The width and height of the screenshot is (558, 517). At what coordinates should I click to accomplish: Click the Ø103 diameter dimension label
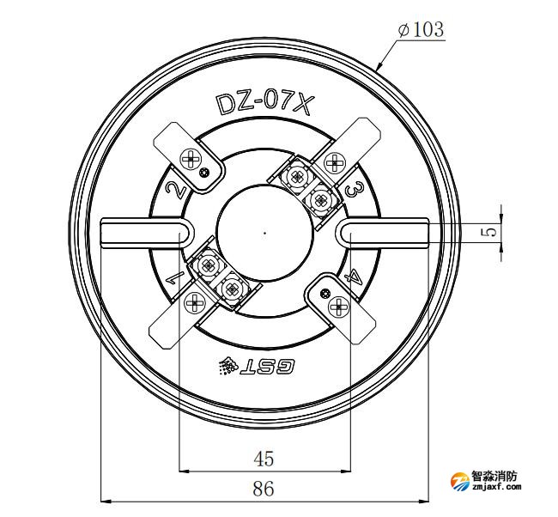(x=421, y=29)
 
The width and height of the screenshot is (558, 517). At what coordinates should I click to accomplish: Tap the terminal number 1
(x=173, y=277)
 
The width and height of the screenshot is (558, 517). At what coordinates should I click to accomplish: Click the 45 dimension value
(x=264, y=459)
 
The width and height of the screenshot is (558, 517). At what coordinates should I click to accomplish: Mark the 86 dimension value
(x=264, y=490)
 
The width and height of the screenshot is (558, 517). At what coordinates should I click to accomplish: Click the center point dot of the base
(x=264, y=232)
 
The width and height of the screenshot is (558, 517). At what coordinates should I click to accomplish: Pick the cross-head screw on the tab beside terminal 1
(x=192, y=302)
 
